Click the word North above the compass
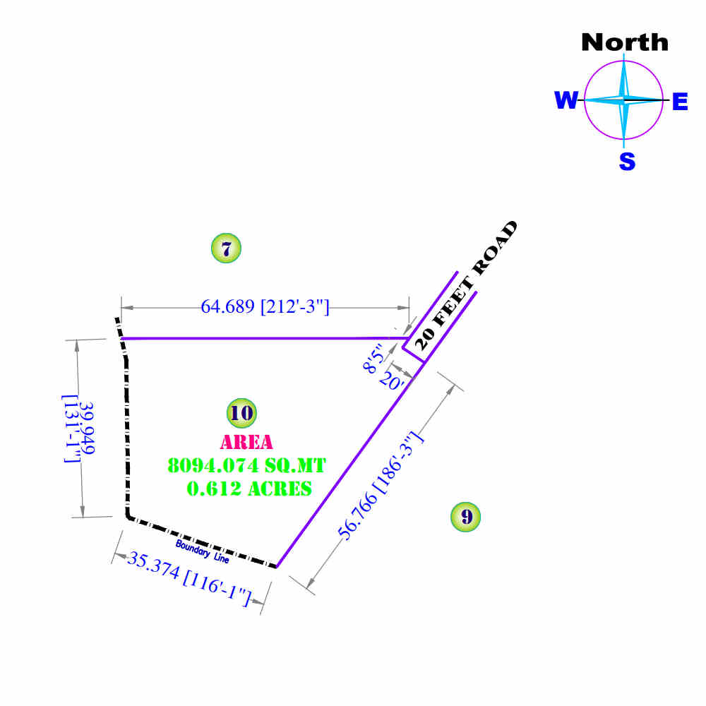(x=624, y=42)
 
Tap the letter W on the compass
(x=566, y=101)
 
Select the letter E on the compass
(x=679, y=102)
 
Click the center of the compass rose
(x=624, y=100)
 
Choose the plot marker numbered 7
(x=226, y=249)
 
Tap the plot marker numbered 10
(x=241, y=413)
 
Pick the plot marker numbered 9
(x=465, y=517)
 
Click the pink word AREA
(x=246, y=443)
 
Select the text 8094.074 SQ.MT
(x=246, y=466)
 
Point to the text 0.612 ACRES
(x=249, y=488)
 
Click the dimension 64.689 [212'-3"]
(x=265, y=306)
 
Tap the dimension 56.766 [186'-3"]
(x=381, y=486)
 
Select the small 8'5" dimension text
(x=374, y=357)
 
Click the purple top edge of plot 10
(x=261, y=339)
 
